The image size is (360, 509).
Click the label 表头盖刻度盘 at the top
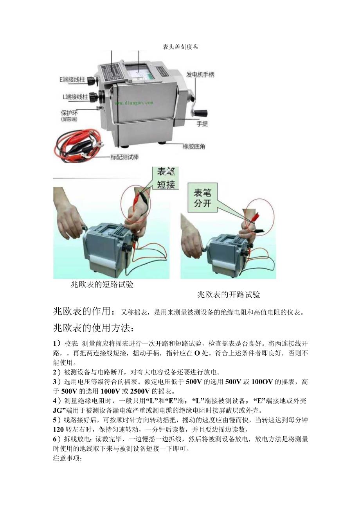coord(180,47)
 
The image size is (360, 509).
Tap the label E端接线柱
coord(72,79)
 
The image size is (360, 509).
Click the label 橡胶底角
coord(194,147)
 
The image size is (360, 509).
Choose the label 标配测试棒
coord(125,158)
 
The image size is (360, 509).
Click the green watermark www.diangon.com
coord(134,103)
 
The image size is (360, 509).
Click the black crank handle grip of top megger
coord(201,112)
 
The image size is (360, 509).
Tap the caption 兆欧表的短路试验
coord(102,285)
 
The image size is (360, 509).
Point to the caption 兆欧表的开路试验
coord(229,295)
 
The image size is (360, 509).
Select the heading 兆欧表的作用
coord(84,311)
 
